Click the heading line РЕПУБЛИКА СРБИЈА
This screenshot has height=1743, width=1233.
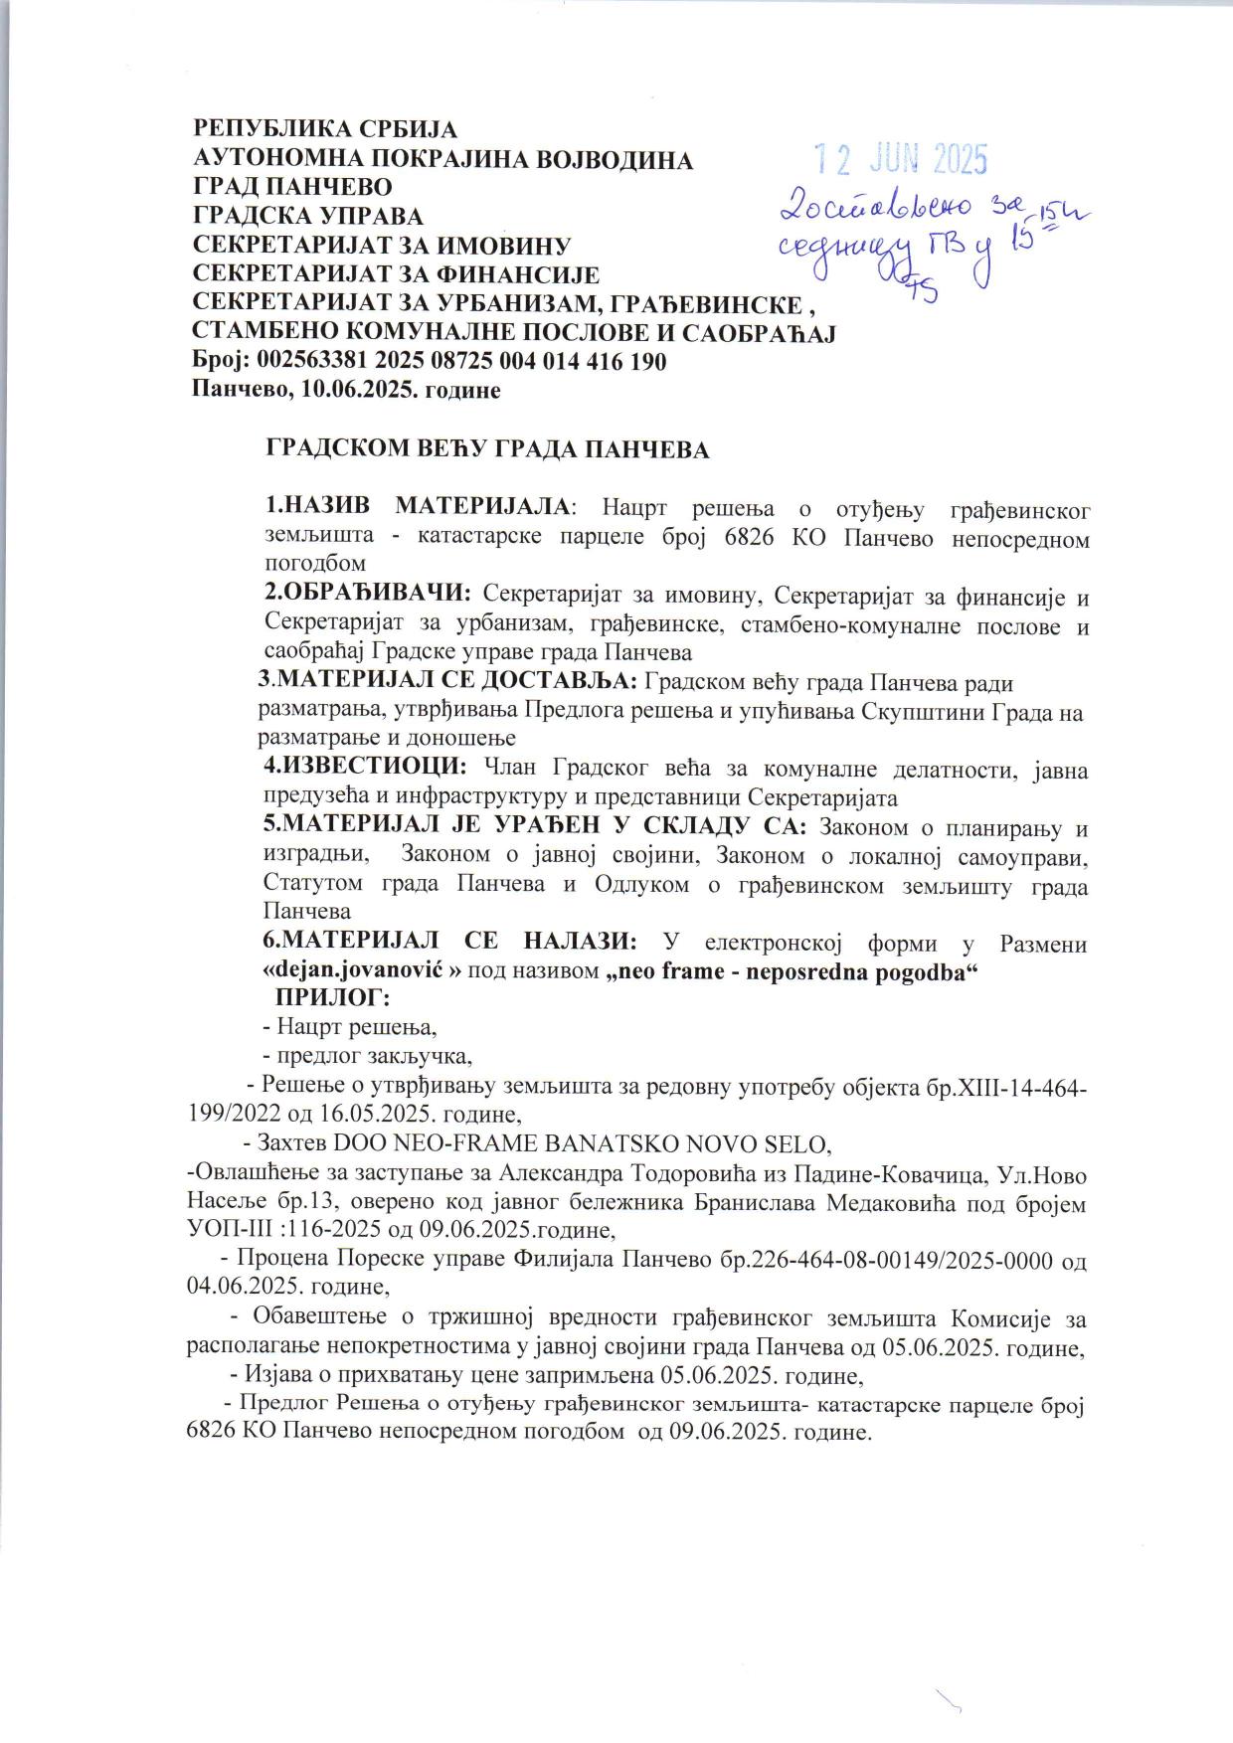tap(324, 129)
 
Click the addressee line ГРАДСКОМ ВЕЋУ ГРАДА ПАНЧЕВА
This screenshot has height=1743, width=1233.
tap(486, 449)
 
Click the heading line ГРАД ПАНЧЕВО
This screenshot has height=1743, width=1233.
tap(291, 186)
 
